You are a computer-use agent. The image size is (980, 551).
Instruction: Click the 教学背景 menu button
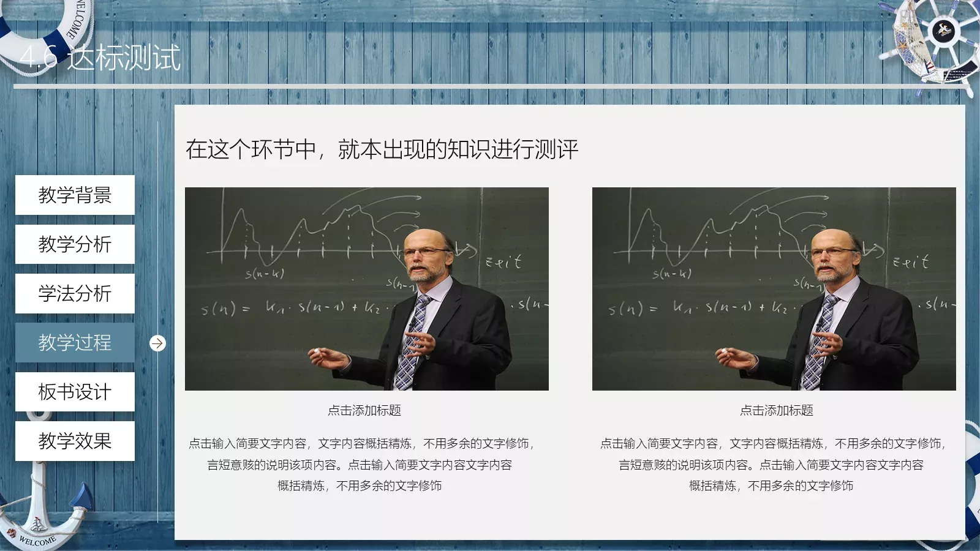pos(75,195)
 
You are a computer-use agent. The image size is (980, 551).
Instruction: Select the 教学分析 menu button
pos(75,244)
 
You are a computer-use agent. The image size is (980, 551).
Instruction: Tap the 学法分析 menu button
pos(75,293)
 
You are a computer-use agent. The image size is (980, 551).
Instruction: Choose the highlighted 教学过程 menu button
pos(75,342)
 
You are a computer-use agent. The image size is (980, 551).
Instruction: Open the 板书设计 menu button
pos(75,392)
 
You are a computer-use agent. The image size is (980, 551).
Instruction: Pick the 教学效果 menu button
pos(75,441)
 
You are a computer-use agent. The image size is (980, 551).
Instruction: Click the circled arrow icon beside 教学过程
pos(157,343)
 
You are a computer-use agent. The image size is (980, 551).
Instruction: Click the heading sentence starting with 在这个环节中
pos(382,149)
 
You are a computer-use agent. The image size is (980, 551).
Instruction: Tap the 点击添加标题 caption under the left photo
pos(364,410)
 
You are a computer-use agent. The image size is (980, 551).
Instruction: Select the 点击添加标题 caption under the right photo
pos(776,410)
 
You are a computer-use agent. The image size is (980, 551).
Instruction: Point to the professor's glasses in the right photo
pos(831,251)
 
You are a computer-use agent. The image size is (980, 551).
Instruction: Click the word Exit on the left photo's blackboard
pos(503,262)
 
